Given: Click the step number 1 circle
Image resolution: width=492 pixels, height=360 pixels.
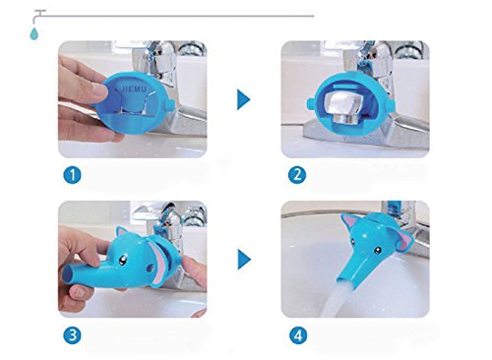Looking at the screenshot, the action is tap(72, 175).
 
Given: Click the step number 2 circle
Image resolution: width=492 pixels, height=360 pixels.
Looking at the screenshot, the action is tap(297, 175).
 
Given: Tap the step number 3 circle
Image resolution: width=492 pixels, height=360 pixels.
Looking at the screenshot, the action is tap(72, 335).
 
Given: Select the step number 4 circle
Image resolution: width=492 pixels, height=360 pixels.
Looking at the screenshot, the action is tap(298, 335).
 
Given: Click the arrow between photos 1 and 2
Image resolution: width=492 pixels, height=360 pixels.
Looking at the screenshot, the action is tap(243, 99).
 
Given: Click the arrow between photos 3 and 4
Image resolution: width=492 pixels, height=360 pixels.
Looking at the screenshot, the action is tap(244, 260).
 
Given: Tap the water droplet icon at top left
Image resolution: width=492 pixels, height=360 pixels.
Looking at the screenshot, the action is tap(33, 33).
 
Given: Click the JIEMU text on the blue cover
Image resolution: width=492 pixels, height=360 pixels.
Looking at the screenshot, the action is tap(134, 89).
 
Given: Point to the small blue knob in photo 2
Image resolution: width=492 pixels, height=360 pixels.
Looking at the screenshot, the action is tap(310, 103).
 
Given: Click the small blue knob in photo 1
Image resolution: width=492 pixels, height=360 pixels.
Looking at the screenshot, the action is tap(169, 105).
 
